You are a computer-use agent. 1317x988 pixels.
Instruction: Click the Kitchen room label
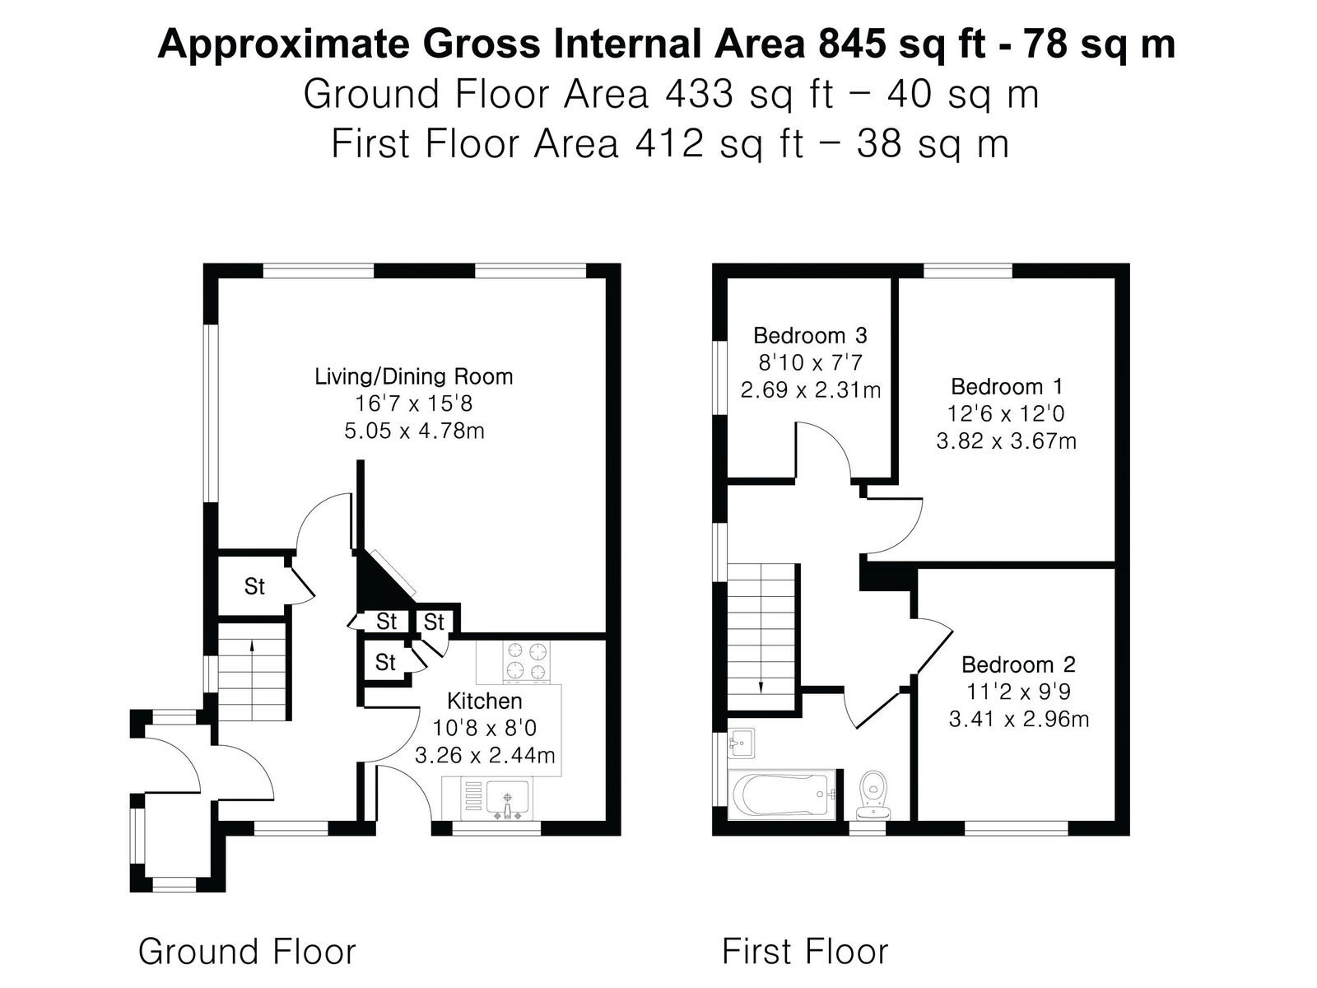click(484, 701)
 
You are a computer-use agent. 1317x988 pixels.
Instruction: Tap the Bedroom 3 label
click(810, 335)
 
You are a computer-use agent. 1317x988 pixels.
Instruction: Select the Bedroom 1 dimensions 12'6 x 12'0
click(1006, 413)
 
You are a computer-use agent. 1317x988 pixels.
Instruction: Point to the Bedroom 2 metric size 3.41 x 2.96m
click(1018, 719)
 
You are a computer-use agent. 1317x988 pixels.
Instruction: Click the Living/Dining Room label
click(414, 377)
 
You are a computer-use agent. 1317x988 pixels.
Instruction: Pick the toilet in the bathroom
click(873, 795)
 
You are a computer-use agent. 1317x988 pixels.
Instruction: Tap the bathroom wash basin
click(741, 743)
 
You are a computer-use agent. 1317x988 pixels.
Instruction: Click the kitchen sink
click(508, 799)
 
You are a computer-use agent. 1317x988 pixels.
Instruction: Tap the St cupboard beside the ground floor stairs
click(254, 586)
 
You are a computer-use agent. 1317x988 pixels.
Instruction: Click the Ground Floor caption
click(247, 951)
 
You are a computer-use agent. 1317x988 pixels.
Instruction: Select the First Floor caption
click(804, 951)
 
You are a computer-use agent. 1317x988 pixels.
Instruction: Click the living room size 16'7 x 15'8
click(414, 403)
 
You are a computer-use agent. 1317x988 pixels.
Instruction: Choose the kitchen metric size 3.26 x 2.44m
click(485, 755)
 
